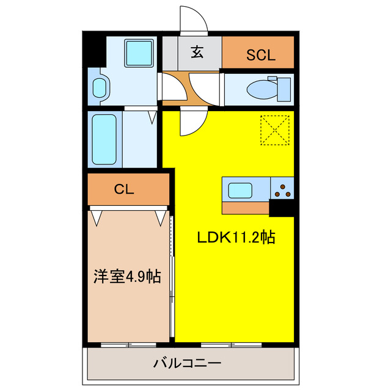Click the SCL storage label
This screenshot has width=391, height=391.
point(261,54)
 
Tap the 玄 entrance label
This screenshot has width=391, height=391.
point(197,53)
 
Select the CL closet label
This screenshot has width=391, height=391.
point(124,189)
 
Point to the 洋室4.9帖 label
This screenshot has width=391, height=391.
point(127,277)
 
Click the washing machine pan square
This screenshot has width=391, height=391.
point(139,53)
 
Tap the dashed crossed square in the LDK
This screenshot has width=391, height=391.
point(274,130)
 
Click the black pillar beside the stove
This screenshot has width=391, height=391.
point(282,208)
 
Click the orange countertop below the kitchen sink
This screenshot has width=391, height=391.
point(245,208)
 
